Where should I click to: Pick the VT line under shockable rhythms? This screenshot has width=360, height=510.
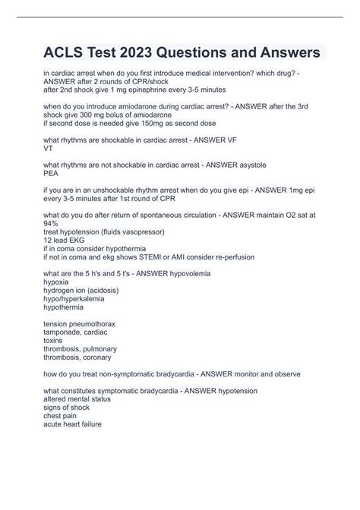[x=49, y=149]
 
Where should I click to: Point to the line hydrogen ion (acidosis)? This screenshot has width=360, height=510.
[x=87, y=289]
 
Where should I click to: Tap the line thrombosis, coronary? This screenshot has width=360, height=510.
[x=78, y=356]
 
